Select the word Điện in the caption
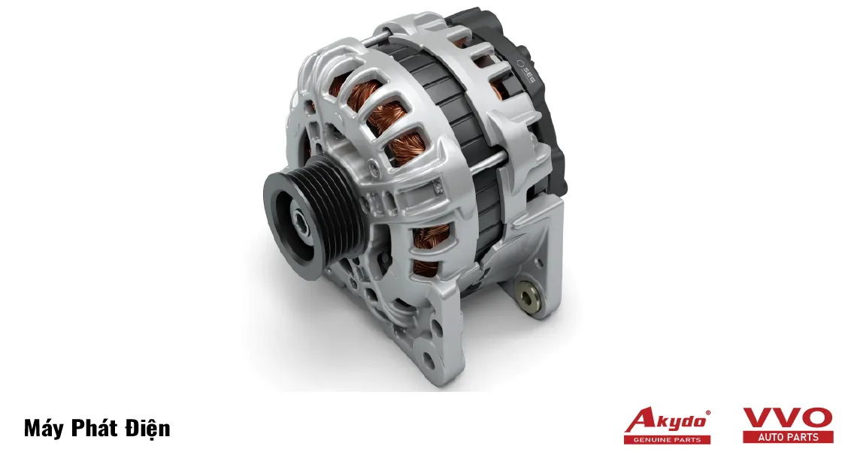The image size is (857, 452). point(148,427)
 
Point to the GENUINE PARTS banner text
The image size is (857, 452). point(667,439)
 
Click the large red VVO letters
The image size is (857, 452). point(788,418)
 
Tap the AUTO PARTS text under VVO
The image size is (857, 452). point(788,437)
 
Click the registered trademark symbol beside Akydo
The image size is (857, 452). point(708,413)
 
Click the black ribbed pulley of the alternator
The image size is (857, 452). point(312,217)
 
